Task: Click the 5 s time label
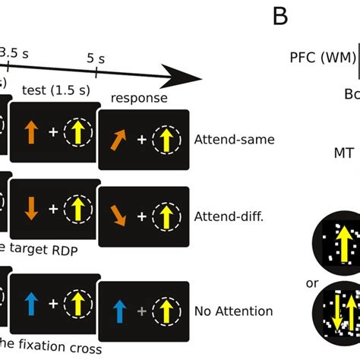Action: pos(97,58)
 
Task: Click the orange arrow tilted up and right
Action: pos(119,142)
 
